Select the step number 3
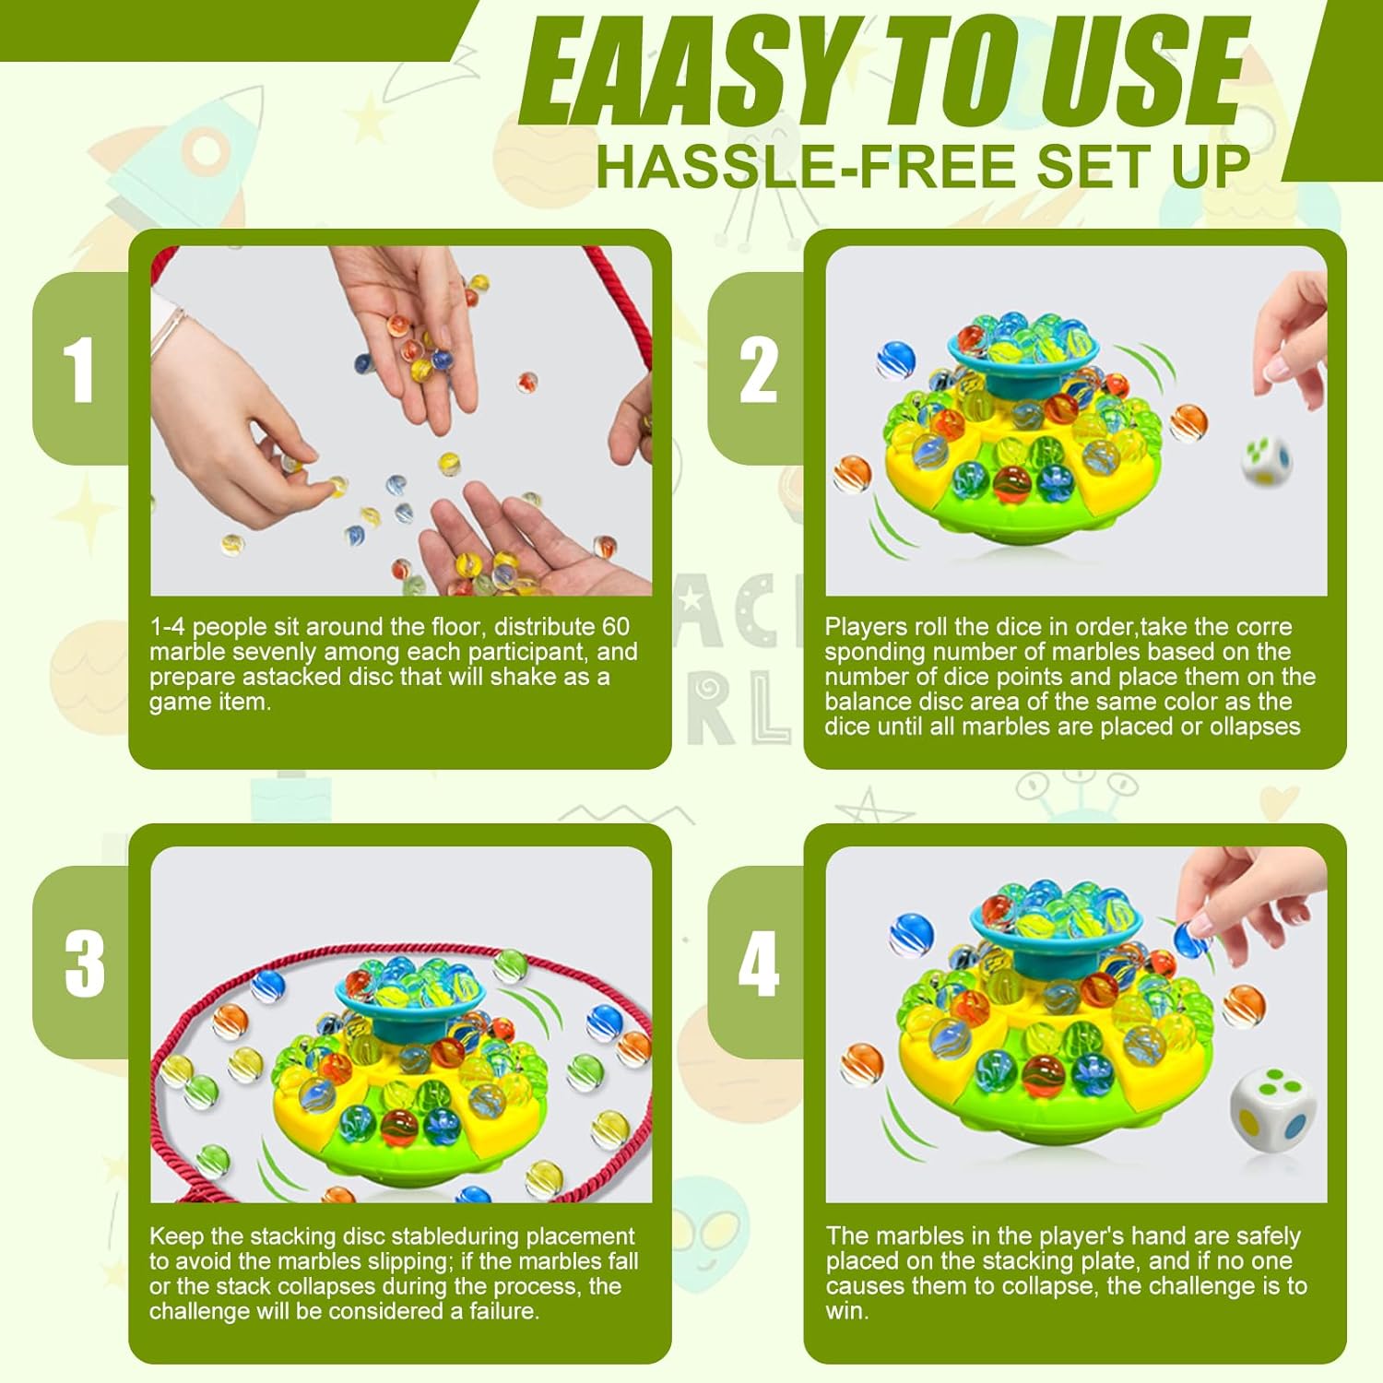(x=85, y=963)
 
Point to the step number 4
(x=759, y=963)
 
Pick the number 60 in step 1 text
(x=615, y=627)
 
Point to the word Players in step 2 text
(x=866, y=628)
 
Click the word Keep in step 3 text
(x=176, y=1236)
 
